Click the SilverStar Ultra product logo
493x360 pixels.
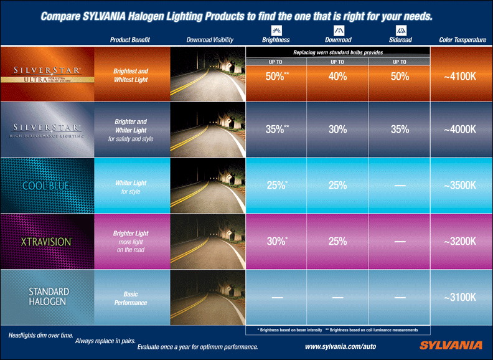(x=46, y=74)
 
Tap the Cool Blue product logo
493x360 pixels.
(x=47, y=186)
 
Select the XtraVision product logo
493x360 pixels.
(x=47, y=240)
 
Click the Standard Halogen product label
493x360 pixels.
(x=49, y=296)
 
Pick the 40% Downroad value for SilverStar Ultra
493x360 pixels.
(x=337, y=77)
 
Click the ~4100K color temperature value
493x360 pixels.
(x=461, y=77)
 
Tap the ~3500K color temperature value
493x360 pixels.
(x=461, y=186)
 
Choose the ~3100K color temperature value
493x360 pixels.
(x=461, y=298)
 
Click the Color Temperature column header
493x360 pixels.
(x=462, y=40)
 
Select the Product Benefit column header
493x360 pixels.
(x=131, y=40)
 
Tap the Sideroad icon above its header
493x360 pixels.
(x=400, y=29)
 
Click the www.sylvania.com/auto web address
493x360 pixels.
(x=340, y=346)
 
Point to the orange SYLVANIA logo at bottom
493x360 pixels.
(x=450, y=345)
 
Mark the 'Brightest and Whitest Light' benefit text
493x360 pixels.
(x=131, y=75)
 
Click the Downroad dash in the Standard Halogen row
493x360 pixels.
(x=337, y=298)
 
